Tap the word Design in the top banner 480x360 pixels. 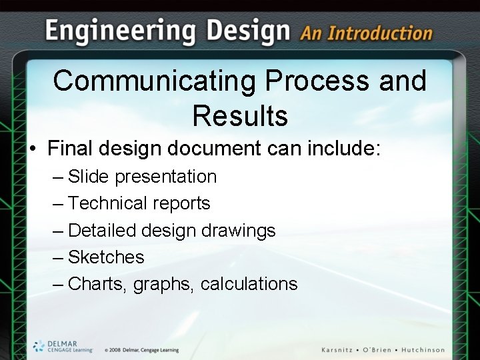pyautogui.click(x=248, y=32)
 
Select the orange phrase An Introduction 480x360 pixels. pyautogui.click(x=366, y=33)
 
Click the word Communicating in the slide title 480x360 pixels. pyautogui.click(x=154, y=81)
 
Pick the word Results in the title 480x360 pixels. pyautogui.click(x=240, y=115)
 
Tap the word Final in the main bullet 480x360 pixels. pyautogui.click(x=71, y=148)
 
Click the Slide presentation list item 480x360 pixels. pyautogui.click(x=142, y=177)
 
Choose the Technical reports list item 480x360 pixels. pyautogui.click(x=139, y=203)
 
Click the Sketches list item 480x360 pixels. pyautogui.click(x=106, y=257)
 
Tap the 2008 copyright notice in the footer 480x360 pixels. pyautogui.click(x=141, y=350)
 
